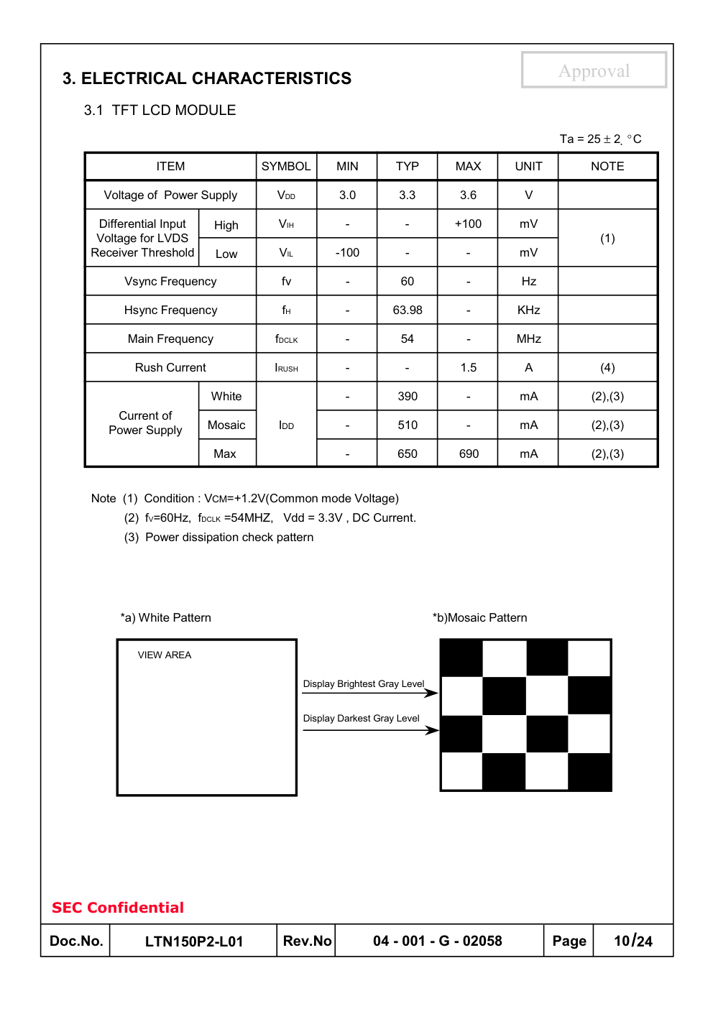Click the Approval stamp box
click(594, 70)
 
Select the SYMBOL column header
click(286, 166)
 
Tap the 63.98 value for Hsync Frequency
click(408, 310)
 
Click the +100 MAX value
click(468, 224)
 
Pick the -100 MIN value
click(347, 252)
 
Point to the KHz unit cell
click(528, 310)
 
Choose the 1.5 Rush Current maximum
click(469, 367)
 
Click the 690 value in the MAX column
click(469, 453)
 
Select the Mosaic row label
click(226, 425)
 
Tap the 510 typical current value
click(408, 425)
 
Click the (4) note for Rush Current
click(607, 367)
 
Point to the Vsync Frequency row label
click(170, 281)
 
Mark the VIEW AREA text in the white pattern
click(165, 655)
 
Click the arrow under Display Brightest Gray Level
click(370, 693)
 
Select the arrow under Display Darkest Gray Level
click(370, 730)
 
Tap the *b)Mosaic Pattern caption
click(479, 617)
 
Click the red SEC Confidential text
click(118, 908)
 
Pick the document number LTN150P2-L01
click(194, 941)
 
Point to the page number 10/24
click(633, 941)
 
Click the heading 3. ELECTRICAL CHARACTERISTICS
click(207, 78)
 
